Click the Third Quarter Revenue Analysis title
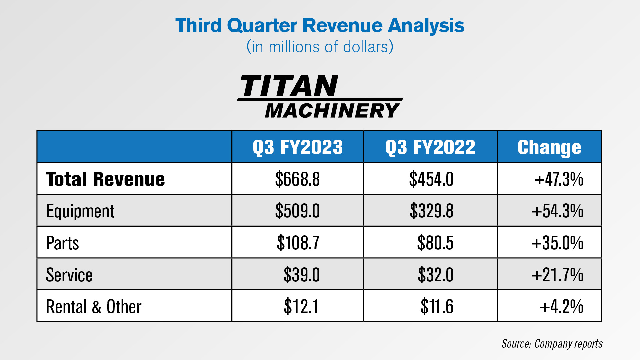coord(320,26)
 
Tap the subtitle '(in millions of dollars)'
coord(320,47)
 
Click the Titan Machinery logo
coord(320,97)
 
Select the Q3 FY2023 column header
coord(298,147)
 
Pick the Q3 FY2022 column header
coord(430,147)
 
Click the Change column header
coord(549,147)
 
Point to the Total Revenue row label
coord(105,179)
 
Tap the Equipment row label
coord(80,211)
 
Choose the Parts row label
coord(62,243)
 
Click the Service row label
coord(69,275)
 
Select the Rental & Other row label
coord(94,307)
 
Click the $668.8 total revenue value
coord(297,179)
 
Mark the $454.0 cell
coord(431,179)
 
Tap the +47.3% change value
coord(559,179)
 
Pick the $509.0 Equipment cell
coord(297,211)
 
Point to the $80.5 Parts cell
coord(435,243)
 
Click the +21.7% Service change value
coord(558,275)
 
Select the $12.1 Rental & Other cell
coord(301,307)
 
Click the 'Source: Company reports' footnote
coord(552,344)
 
